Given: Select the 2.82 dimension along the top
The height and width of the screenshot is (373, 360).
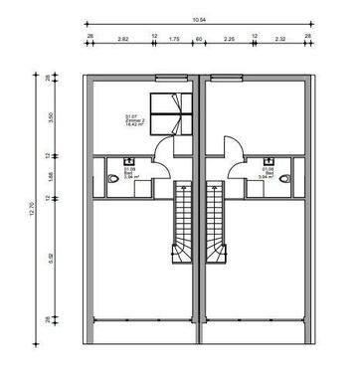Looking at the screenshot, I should tap(121, 40).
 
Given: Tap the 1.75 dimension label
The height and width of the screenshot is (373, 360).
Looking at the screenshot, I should tap(174, 40).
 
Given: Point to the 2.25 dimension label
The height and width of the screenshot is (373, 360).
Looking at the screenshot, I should tap(229, 40).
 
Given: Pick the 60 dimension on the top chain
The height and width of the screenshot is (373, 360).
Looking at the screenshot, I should tap(199, 40).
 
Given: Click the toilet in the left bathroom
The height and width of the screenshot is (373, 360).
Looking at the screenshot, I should tap(108, 180).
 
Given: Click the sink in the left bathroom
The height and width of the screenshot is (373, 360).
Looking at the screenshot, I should tap(128, 161).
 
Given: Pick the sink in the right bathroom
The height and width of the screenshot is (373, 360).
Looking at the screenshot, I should tap(267, 161).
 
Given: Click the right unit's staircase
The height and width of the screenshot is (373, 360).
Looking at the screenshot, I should tap(213, 224).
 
